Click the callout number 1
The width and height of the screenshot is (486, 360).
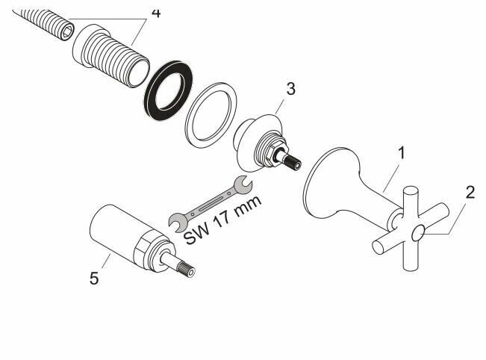click(402, 153)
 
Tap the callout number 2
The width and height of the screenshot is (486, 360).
click(470, 192)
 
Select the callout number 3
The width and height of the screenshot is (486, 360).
click(290, 89)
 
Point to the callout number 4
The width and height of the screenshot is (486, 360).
click(156, 13)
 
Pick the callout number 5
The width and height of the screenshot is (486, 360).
click(94, 278)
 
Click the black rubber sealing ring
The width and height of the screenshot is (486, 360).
click(168, 90)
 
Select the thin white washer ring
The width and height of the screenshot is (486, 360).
click(211, 116)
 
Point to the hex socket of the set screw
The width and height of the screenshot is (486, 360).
click(67, 32)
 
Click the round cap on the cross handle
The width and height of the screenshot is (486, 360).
click(418, 233)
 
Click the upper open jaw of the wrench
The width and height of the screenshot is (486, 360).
click(243, 185)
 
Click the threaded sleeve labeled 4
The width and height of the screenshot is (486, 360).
click(111, 56)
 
